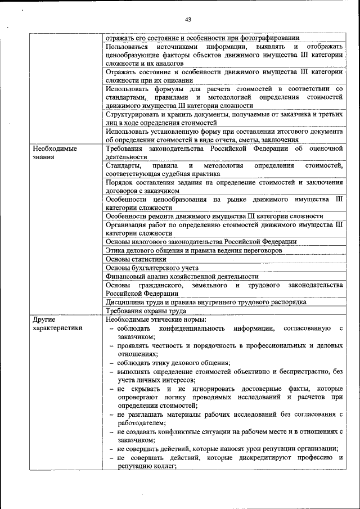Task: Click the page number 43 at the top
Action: pos(179,21)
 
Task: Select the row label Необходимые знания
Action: pos(55,153)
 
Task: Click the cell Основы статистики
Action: pos(136,259)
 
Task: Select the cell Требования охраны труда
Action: pos(146,310)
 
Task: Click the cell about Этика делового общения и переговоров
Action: pos(193,250)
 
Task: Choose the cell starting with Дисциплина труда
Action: pos(205,302)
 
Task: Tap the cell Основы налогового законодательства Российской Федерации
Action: pos(201,242)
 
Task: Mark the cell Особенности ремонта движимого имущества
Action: pos(214,217)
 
